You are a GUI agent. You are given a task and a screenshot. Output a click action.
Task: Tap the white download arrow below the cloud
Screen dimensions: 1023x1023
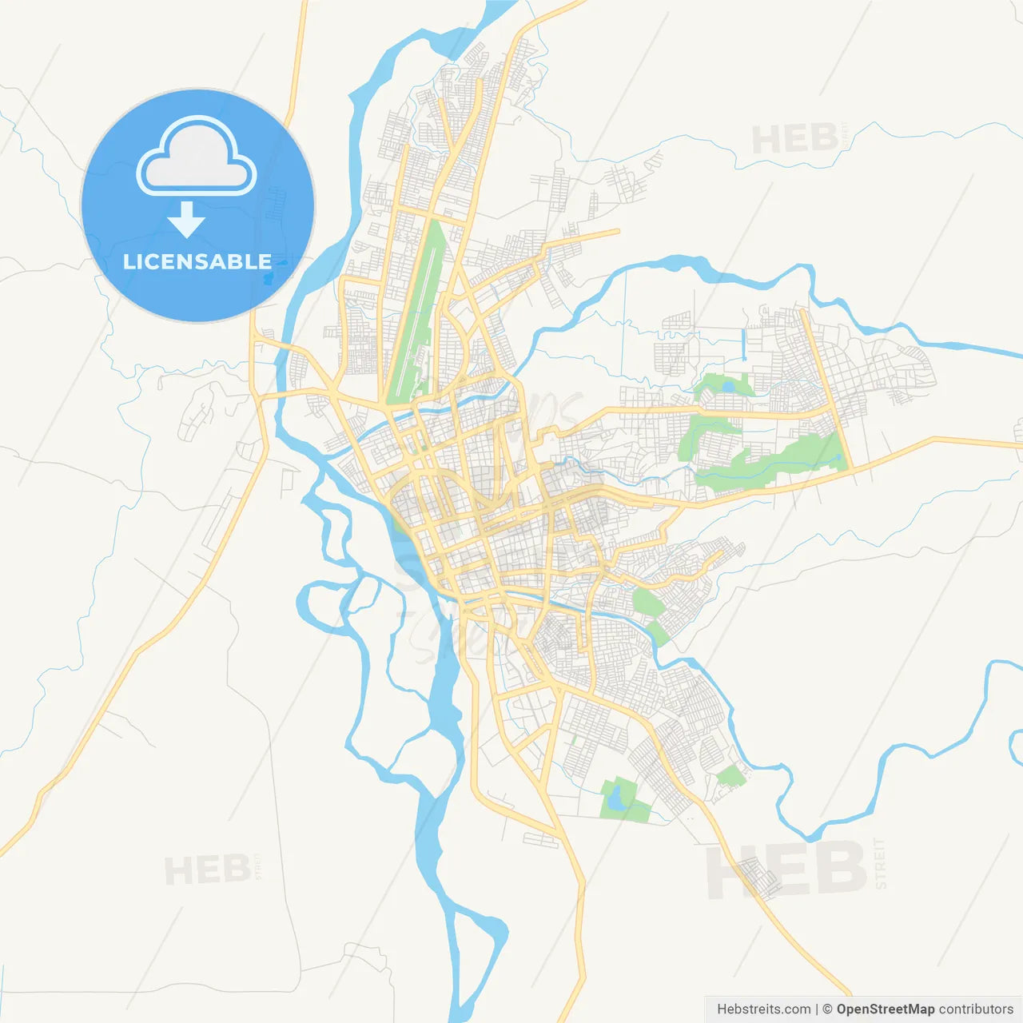click(x=187, y=220)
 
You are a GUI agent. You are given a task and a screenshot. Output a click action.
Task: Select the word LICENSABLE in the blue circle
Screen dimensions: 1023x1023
click(x=197, y=261)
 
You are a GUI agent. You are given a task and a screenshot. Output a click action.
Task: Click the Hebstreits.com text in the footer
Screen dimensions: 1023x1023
click(x=763, y=1009)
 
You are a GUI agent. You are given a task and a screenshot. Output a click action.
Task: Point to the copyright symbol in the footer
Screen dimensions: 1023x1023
click(x=828, y=1009)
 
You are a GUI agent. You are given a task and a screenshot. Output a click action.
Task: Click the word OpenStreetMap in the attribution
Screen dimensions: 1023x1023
click(x=886, y=1009)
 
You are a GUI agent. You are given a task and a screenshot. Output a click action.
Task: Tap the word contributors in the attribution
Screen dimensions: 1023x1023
click(x=976, y=1009)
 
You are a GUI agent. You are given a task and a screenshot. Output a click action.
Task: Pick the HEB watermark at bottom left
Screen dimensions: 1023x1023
click(x=208, y=870)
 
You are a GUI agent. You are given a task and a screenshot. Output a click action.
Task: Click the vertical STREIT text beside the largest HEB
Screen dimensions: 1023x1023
click(x=880, y=864)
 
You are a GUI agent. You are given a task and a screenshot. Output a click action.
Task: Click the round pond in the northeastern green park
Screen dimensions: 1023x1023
click(x=727, y=387)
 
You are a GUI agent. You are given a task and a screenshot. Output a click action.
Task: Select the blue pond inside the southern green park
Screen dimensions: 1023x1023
click(x=614, y=798)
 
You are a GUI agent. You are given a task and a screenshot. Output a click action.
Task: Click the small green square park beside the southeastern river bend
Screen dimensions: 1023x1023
click(x=730, y=775)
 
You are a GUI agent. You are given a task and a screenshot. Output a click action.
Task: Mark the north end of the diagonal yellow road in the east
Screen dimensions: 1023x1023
click(x=802, y=312)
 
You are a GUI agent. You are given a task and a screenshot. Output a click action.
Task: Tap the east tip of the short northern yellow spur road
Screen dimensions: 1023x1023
click(x=617, y=232)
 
